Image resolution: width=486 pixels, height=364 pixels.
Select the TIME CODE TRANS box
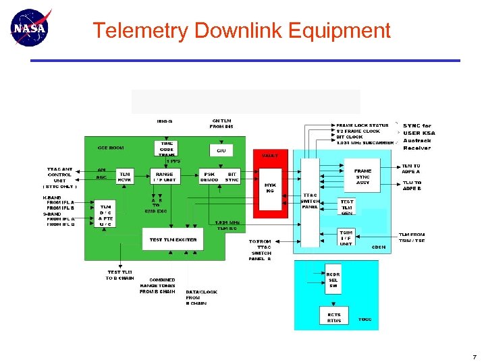pos(166,149)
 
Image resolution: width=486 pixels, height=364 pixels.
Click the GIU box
pos(221,150)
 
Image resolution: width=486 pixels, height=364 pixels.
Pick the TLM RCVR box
pos(125,176)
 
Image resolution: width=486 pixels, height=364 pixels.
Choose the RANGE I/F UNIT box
pos(165,176)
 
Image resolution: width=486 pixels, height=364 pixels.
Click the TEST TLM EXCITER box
pos(173,239)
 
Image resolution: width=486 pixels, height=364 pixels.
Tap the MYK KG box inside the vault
pos(271,187)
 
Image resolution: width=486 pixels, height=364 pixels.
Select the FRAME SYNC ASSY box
pos(362,176)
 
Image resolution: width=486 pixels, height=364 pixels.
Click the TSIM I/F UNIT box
pos(346,238)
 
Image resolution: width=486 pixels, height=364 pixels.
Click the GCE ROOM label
pos(111,147)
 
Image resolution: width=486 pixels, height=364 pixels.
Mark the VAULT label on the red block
pos(270,155)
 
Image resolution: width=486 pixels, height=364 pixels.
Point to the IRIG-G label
pos(165,121)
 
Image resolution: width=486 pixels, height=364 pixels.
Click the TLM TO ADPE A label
pos(411,168)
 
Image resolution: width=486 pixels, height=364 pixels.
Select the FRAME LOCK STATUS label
pos(362,125)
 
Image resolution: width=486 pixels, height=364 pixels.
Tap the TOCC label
pos(365,319)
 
